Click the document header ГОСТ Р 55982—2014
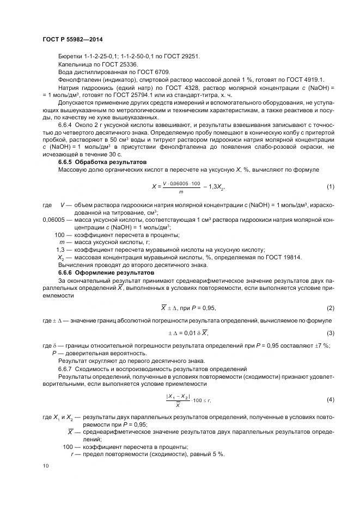(x=72, y=40)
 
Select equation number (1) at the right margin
(x=330, y=187)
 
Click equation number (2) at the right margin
(x=330, y=308)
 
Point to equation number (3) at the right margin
(x=330, y=332)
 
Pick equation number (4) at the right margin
(x=330, y=399)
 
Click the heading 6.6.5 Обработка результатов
(x=96, y=162)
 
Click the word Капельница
(x=74, y=64)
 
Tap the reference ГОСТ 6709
(x=156, y=71)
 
